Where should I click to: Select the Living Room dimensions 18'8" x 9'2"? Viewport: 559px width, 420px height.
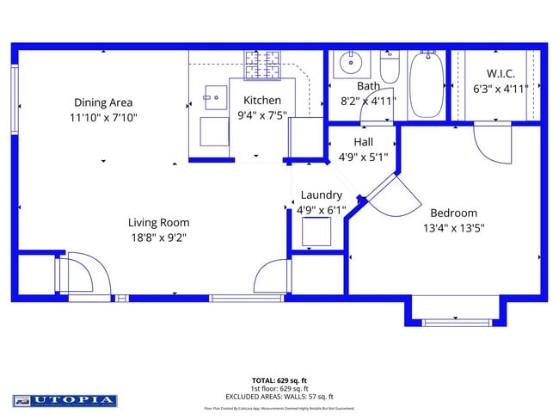point(157,237)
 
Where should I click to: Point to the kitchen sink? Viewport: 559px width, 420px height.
point(215,97)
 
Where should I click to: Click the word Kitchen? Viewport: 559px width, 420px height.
point(261,101)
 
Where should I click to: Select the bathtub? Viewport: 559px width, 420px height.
point(426,83)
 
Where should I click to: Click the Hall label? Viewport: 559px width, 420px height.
point(363,142)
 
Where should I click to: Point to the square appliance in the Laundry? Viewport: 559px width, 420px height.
point(316,232)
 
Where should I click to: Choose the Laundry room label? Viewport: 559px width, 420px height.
point(320,195)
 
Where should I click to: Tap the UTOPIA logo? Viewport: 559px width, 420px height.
point(64,400)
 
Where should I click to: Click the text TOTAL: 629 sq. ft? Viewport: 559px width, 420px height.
point(279,380)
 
